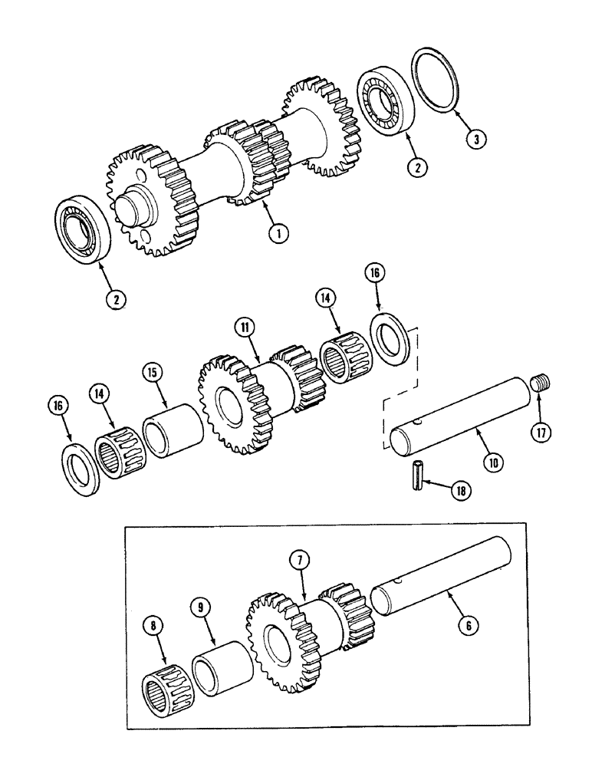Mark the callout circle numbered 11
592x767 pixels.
(245, 328)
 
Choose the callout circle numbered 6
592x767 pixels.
(462, 625)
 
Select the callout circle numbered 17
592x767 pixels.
(541, 431)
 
